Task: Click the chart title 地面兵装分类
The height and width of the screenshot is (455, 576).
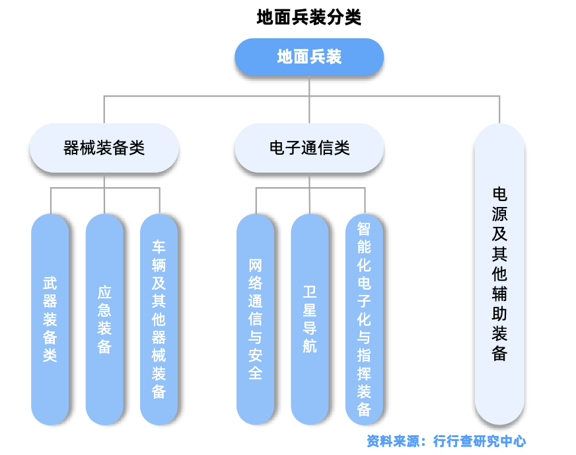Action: point(309,17)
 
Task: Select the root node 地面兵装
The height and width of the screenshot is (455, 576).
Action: point(309,57)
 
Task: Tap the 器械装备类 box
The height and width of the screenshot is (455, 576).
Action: point(104,148)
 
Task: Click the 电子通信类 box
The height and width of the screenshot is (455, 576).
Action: point(309,148)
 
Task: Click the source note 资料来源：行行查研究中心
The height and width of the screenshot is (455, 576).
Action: point(446,440)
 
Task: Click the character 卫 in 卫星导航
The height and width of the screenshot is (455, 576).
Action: point(310,292)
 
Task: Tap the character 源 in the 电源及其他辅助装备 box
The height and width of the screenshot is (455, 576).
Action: point(499,214)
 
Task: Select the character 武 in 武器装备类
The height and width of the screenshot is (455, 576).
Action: point(50,284)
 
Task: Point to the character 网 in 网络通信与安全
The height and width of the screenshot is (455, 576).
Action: point(256,266)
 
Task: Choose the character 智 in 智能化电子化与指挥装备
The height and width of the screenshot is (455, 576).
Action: point(364,229)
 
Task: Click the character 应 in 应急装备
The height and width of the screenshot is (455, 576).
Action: point(104,292)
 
